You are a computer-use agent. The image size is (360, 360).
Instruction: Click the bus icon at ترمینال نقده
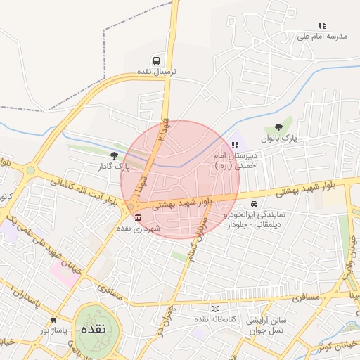point(155,60)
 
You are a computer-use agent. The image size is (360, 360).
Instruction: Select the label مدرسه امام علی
point(323,36)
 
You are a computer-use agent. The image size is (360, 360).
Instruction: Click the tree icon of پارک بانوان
point(279,127)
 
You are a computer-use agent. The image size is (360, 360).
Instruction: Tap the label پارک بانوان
point(281,139)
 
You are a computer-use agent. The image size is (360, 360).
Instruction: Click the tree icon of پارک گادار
point(114,155)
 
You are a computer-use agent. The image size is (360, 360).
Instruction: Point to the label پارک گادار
point(115,167)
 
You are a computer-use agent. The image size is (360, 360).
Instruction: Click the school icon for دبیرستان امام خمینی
point(235,145)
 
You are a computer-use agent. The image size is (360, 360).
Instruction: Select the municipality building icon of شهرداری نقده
point(137,217)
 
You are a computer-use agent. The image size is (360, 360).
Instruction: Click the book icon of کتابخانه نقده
point(215,309)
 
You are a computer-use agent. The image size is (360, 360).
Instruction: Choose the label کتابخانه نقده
point(200,320)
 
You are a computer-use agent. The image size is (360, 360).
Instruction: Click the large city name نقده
point(93,330)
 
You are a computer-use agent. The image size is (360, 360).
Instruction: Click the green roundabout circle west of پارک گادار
point(30,170)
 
